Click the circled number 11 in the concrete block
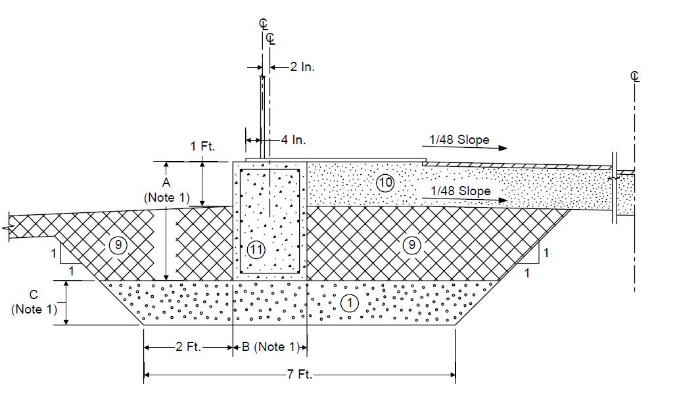(x=256, y=249)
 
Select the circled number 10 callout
(x=385, y=183)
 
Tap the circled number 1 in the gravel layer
(x=350, y=303)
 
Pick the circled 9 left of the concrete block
(x=118, y=245)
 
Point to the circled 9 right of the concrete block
(x=411, y=245)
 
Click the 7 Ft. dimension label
(x=300, y=374)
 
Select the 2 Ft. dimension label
(x=189, y=346)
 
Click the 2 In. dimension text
(x=302, y=67)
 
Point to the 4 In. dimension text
(x=294, y=140)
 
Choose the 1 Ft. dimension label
(x=202, y=147)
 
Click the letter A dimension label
(x=166, y=182)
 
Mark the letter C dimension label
(x=34, y=294)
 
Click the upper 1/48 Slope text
(x=459, y=140)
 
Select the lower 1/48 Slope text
(x=460, y=191)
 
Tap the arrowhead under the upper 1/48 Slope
(x=503, y=148)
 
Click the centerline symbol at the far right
(x=635, y=77)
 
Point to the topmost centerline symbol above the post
(x=264, y=24)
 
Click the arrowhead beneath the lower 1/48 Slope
(x=503, y=200)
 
